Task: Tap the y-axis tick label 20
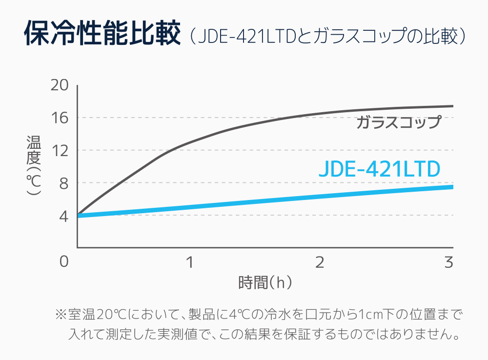pyautogui.click(x=59, y=85)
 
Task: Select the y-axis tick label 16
pyautogui.click(x=59, y=118)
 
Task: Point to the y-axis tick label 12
pyautogui.click(x=59, y=150)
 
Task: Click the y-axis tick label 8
pyautogui.click(x=62, y=183)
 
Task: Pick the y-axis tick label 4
pyautogui.click(x=63, y=216)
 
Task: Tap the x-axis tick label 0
pyautogui.click(x=64, y=262)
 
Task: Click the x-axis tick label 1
pyautogui.click(x=189, y=262)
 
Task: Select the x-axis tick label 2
pyautogui.click(x=320, y=262)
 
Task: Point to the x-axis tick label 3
pyautogui.click(x=449, y=262)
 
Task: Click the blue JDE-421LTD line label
pyautogui.click(x=379, y=169)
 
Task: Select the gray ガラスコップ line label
pyautogui.click(x=398, y=122)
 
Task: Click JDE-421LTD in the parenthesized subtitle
pyautogui.click(x=247, y=37)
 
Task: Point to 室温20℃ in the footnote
pyautogui.click(x=95, y=314)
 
